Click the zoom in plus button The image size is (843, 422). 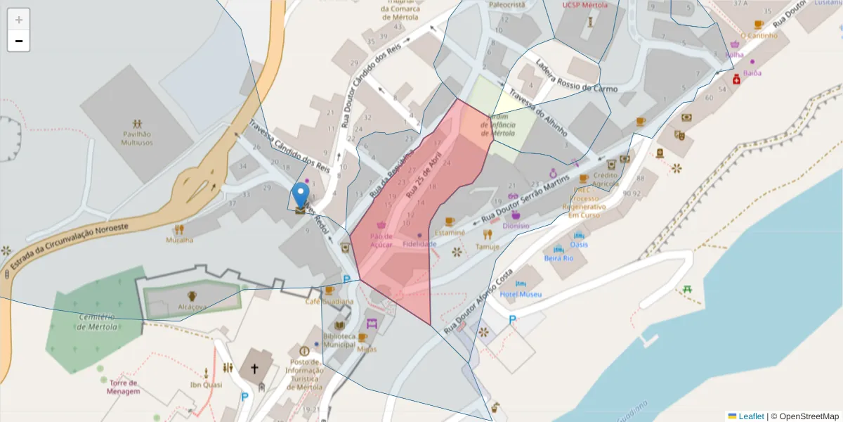click(18, 20)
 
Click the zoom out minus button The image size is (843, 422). click(18, 41)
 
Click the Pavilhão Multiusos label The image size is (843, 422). click(137, 138)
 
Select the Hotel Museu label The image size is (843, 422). click(521, 294)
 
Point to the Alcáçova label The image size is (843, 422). click(192, 307)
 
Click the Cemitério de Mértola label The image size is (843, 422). click(97, 321)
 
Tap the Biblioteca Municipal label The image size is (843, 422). click(339, 340)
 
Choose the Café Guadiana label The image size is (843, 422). click(329, 302)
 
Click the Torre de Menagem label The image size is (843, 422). click(123, 387)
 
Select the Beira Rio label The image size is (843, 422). click(558, 258)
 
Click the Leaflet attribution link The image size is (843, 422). click(750, 416)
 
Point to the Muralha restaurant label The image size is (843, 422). click(179, 240)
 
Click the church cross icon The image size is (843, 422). click(254, 368)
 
